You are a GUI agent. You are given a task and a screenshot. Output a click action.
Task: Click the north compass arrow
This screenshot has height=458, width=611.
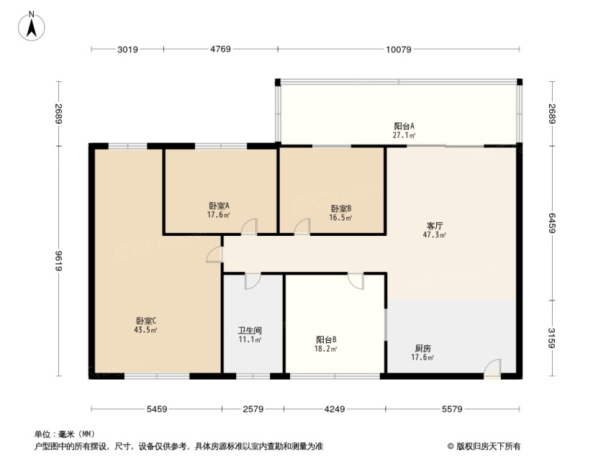point(32,27)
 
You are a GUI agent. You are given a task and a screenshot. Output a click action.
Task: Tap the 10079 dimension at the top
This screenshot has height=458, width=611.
point(399,50)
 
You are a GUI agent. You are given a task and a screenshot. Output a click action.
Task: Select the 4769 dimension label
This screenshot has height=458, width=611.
point(220,50)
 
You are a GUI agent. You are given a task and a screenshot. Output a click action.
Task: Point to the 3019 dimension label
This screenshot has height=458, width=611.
point(128,50)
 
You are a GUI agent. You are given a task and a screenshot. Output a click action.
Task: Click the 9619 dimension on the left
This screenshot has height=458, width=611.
point(59,260)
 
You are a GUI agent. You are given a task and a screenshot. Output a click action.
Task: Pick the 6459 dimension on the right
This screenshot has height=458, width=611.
point(552,223)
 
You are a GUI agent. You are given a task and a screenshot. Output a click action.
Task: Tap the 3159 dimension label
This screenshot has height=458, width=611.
point(552,338)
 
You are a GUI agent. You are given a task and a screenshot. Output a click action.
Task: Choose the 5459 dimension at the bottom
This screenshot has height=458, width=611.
point(157,409)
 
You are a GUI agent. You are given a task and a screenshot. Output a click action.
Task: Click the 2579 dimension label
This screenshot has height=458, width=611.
point(253,409)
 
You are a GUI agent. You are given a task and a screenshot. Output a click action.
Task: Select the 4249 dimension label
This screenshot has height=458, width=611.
point(335,409)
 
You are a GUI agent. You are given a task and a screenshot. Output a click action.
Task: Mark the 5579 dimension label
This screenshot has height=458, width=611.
point(452,409)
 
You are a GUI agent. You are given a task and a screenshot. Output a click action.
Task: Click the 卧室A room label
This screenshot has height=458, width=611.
point(219,206)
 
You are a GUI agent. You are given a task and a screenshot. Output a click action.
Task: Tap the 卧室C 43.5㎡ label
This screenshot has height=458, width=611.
point(146,325)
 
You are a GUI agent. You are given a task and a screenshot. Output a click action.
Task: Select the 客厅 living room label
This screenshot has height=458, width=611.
point(435,226)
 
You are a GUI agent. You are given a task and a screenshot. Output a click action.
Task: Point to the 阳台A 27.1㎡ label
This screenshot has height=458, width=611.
point(404,130)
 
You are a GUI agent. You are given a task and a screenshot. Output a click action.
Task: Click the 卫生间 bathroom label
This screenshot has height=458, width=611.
point(250,331)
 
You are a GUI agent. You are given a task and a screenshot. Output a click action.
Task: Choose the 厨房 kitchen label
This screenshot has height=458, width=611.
point(422,349)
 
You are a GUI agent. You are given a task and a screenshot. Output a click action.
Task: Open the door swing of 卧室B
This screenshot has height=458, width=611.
point(302,226)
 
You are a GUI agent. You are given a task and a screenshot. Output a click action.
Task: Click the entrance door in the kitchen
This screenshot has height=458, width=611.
point(492,368)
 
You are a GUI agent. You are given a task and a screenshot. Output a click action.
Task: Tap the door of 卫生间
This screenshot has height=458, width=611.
point(253,282)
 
